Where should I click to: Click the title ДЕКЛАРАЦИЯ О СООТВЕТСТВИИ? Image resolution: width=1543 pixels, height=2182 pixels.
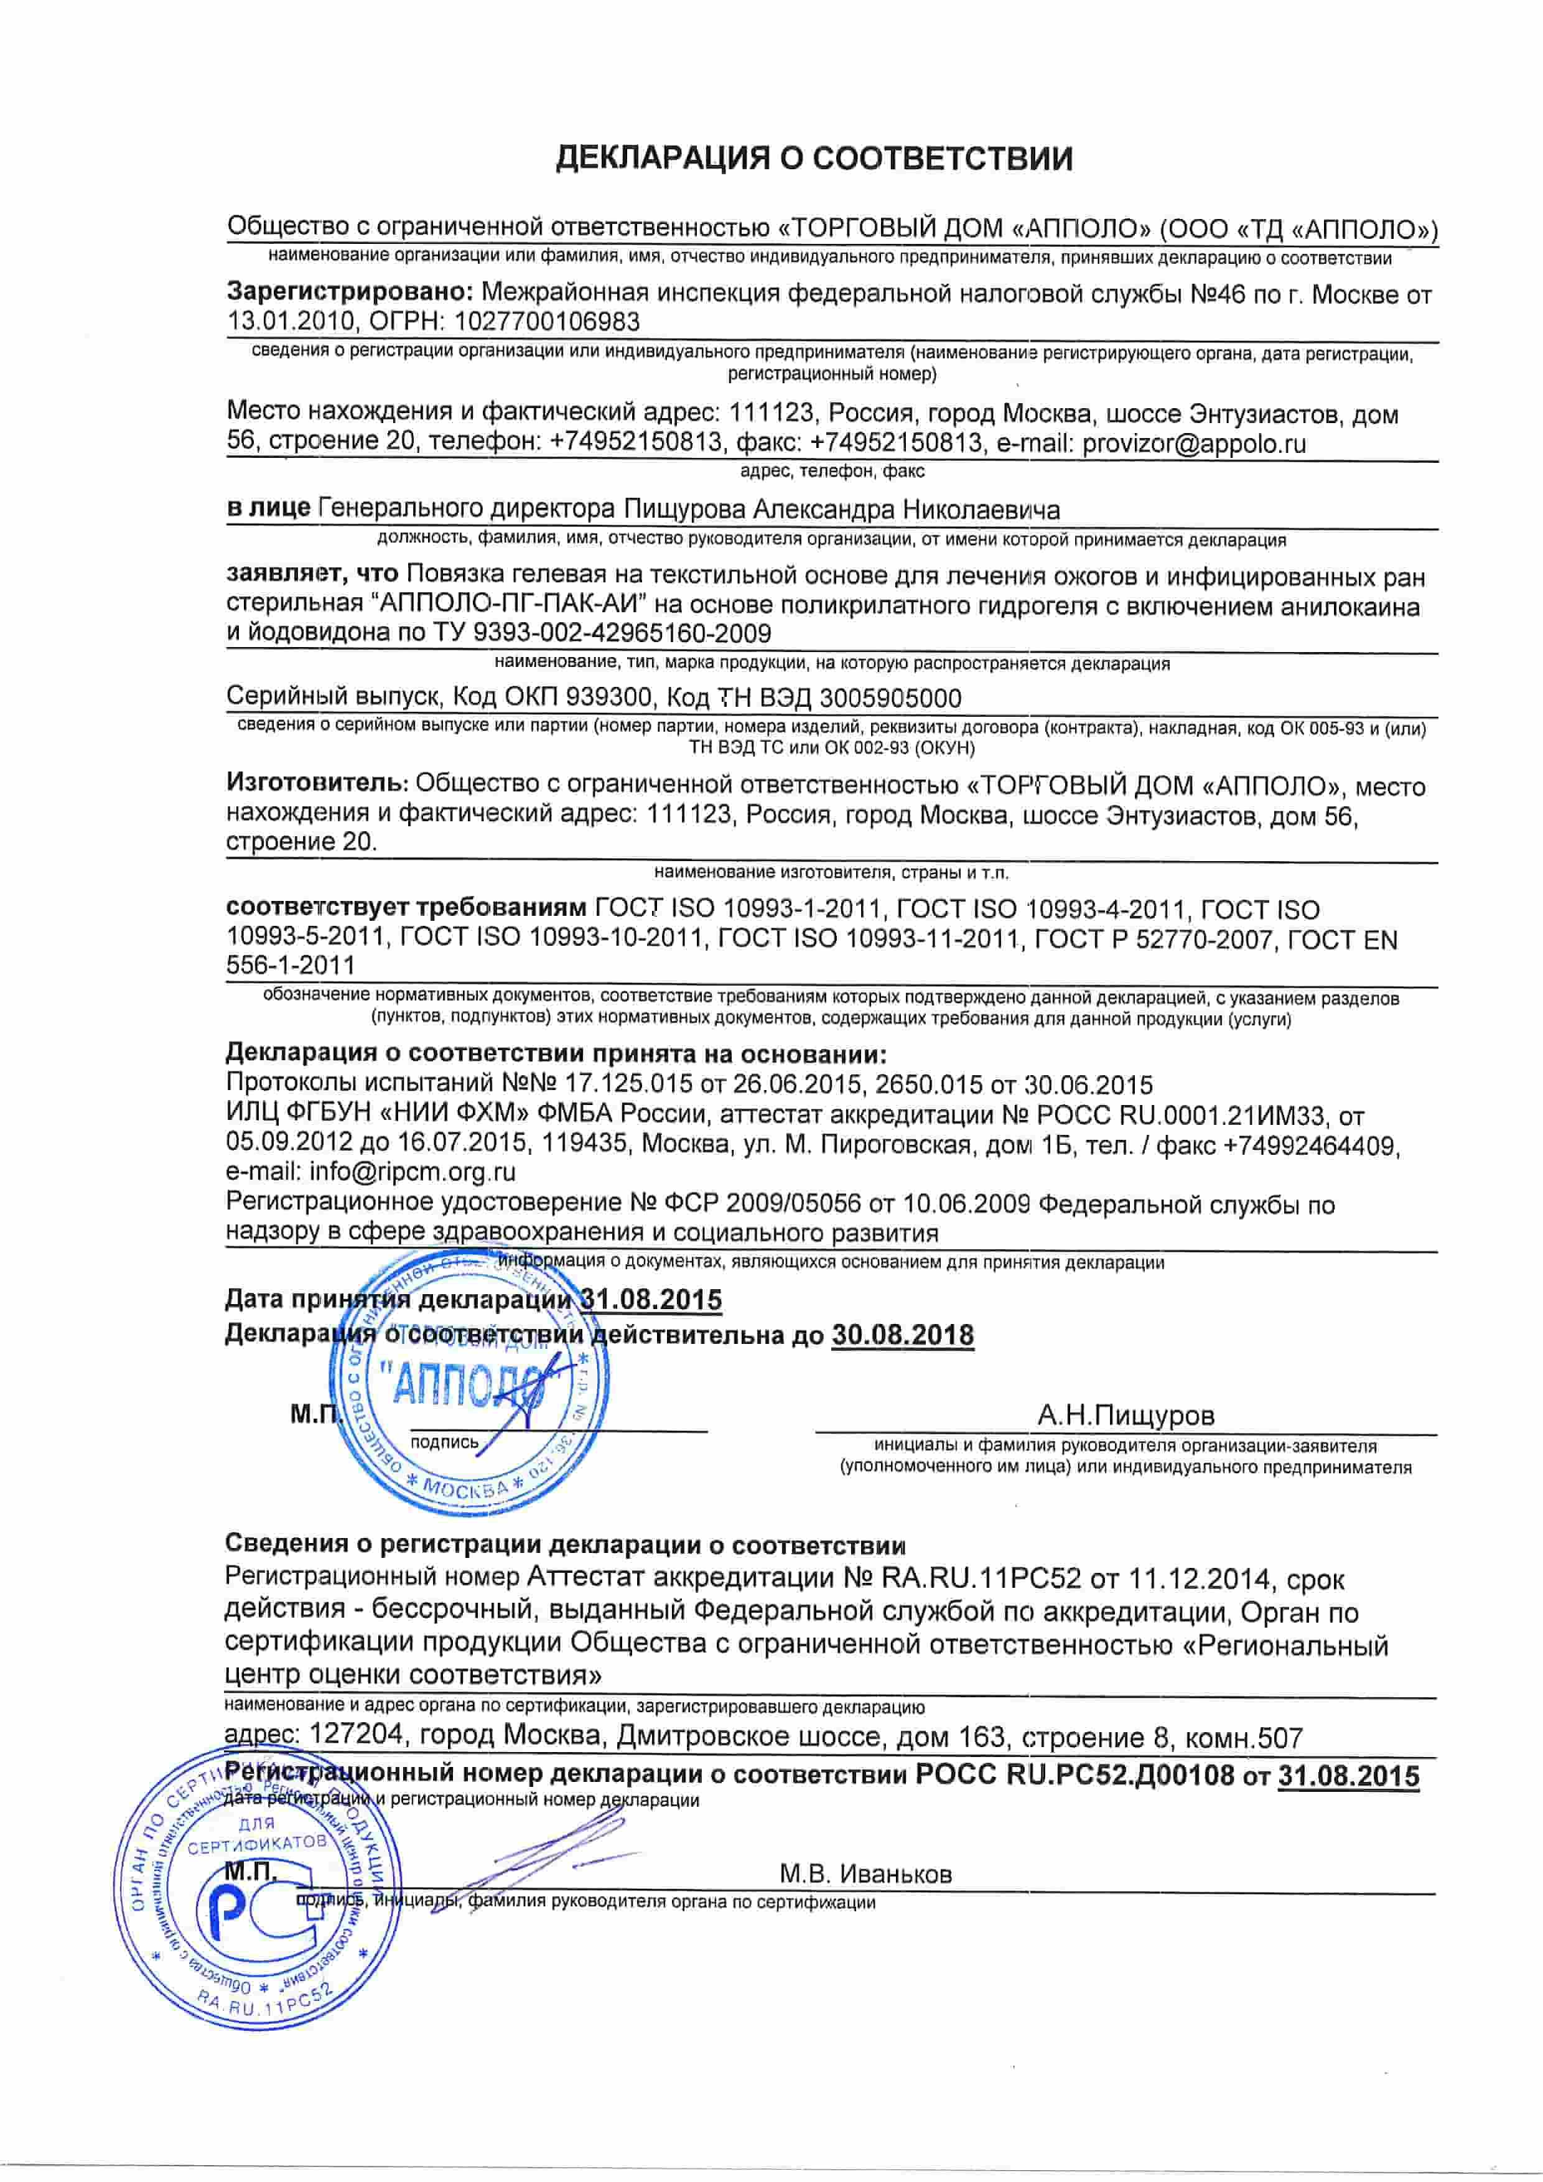(814, 159)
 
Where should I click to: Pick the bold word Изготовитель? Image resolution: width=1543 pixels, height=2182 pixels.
(317, 785)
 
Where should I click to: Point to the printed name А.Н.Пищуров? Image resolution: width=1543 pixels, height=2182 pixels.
(1126, 1416)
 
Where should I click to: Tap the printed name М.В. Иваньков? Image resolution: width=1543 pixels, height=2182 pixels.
(865, 1874)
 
